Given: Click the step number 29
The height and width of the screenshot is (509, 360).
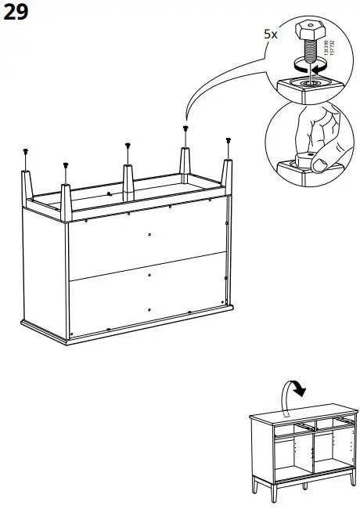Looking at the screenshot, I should (x=17, y=13).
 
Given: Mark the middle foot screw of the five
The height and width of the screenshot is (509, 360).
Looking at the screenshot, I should (x=128, y=145).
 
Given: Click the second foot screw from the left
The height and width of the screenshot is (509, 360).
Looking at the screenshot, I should (x=64, y=164).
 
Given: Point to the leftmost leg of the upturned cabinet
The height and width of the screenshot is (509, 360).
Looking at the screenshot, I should (x=27, y=180).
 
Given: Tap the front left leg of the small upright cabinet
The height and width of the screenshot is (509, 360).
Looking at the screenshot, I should (x=259, y=486).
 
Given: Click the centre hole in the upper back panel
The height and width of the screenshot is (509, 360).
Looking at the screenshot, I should (x=149, y=233).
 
